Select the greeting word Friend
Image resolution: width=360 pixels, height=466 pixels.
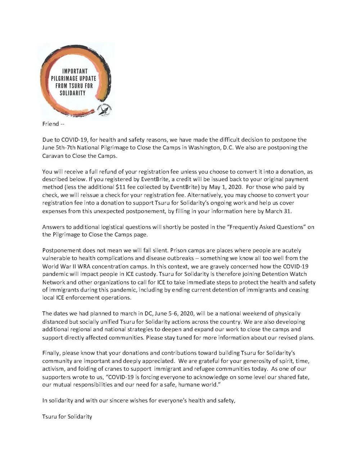(50, 124)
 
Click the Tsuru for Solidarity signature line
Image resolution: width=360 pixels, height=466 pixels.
(67, 417)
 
